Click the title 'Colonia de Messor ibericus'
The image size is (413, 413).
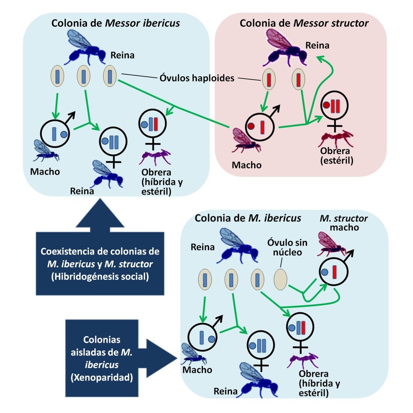coord(115,23)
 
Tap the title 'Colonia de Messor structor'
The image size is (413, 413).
coord(304,23)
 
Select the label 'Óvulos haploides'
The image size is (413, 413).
coord(197,78)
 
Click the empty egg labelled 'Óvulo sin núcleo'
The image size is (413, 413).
coord(280,279)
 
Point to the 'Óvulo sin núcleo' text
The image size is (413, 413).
coord(287,247)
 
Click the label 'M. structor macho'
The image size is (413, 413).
coord(344,222)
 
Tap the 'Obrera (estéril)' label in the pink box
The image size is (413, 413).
coord(336,156)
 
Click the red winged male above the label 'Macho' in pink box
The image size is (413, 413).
coord(245,141)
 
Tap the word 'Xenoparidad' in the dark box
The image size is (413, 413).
coord(102,377)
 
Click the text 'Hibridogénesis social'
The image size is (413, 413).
coord(100,277)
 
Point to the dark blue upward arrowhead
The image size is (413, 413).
coord(100,213)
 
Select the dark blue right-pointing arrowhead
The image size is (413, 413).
coord(161,358)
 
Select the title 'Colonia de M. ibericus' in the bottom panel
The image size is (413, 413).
coord(248,218)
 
